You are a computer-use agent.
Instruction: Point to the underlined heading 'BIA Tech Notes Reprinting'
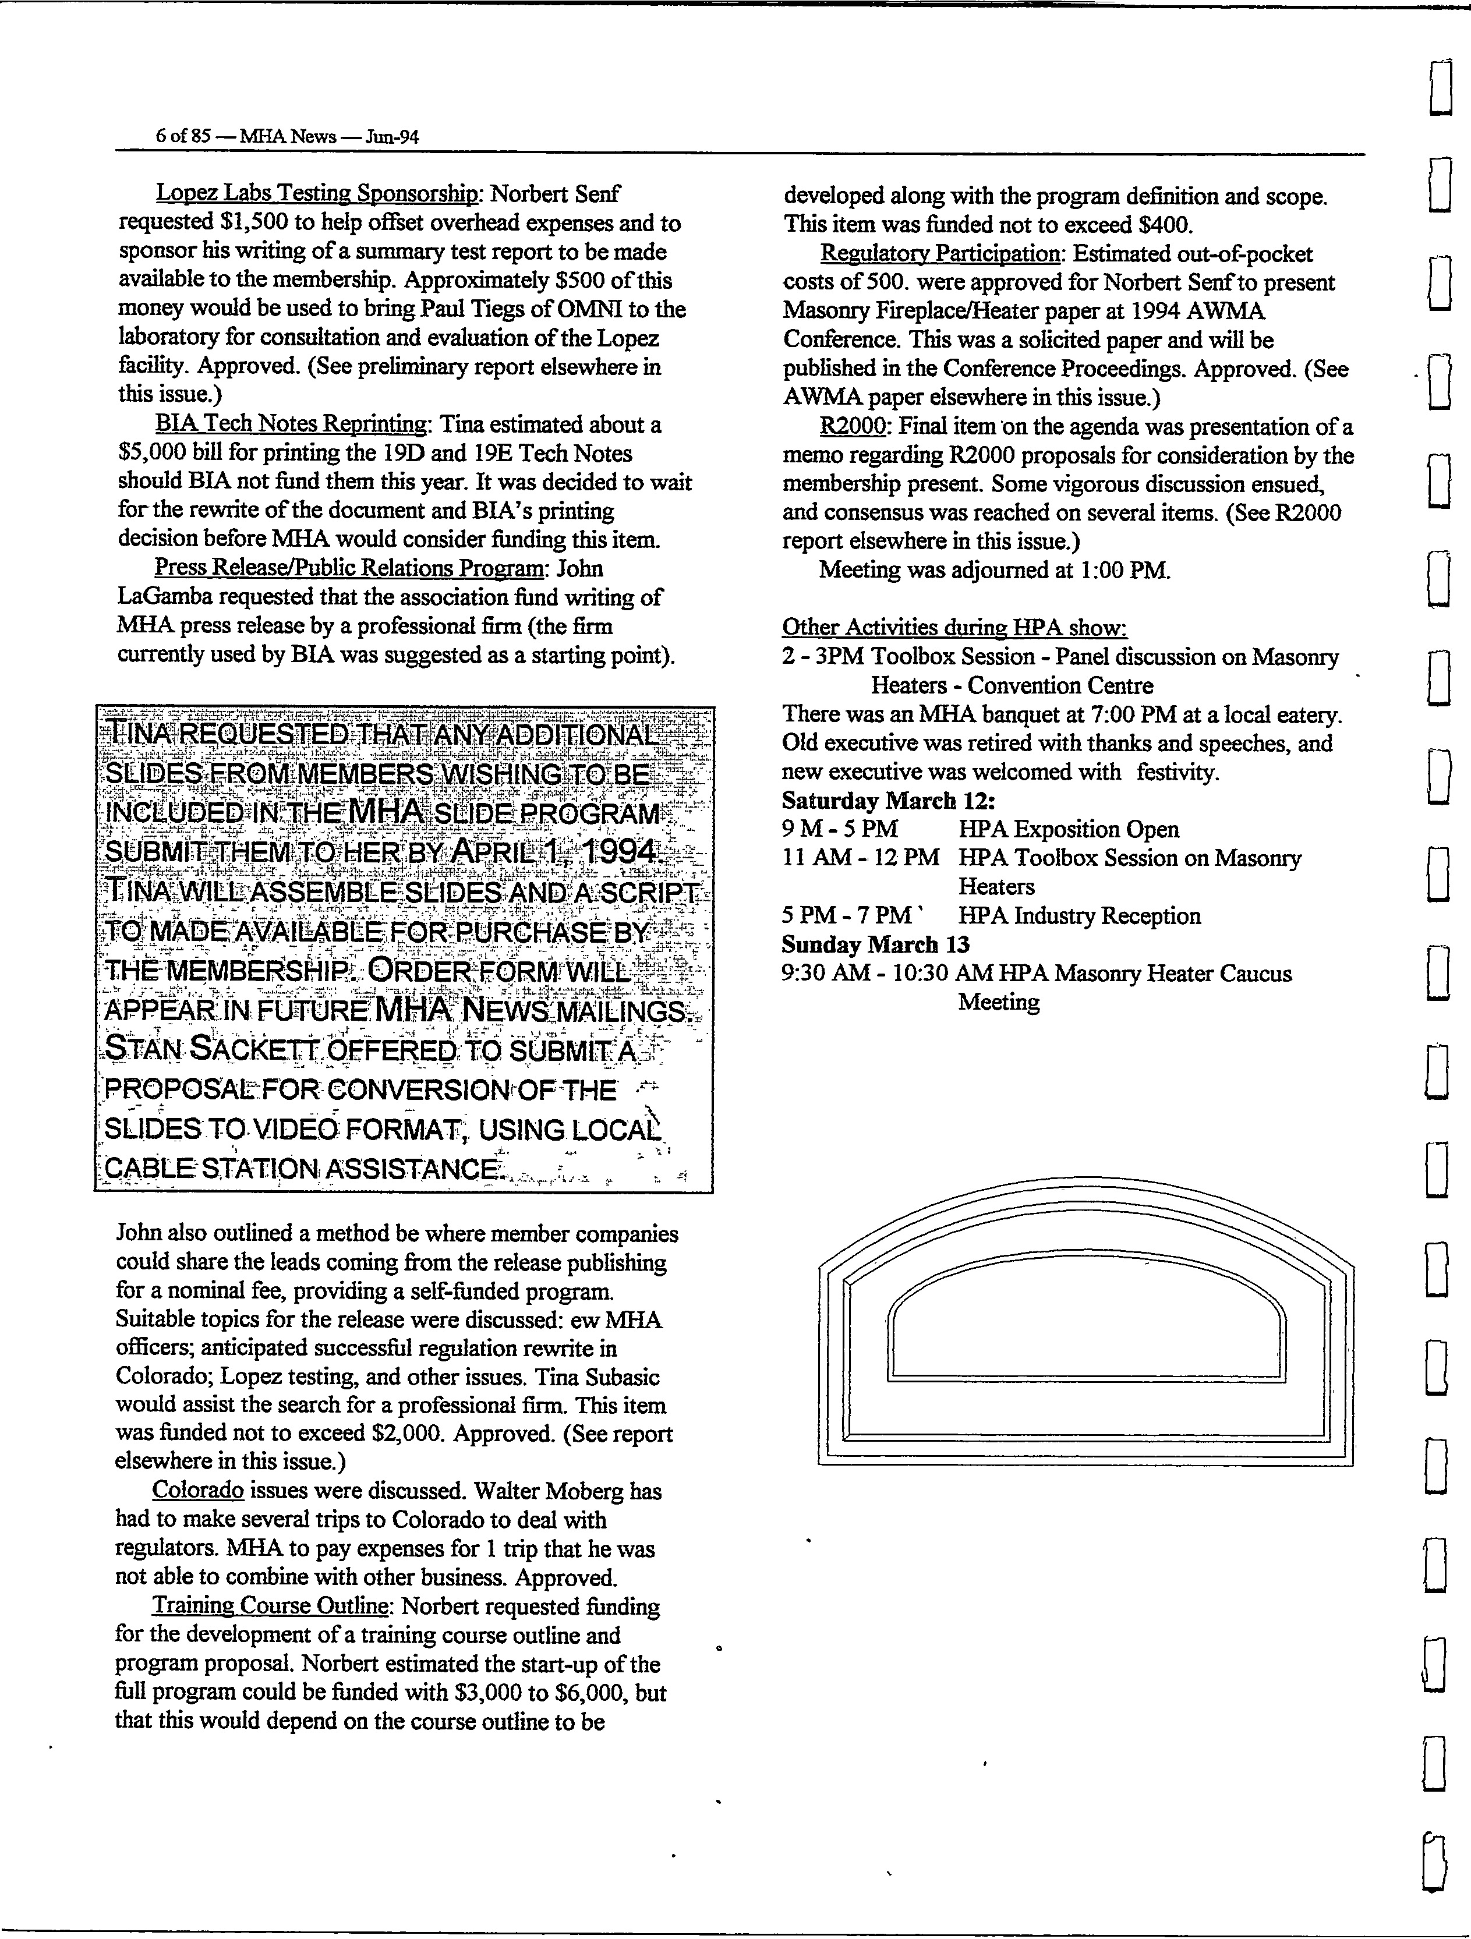(292, 424)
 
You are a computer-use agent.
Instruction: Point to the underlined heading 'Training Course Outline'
(270, 1606)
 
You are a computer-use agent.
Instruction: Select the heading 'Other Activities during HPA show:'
(954, 628)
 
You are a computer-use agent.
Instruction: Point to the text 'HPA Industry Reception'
(1079, 916)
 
